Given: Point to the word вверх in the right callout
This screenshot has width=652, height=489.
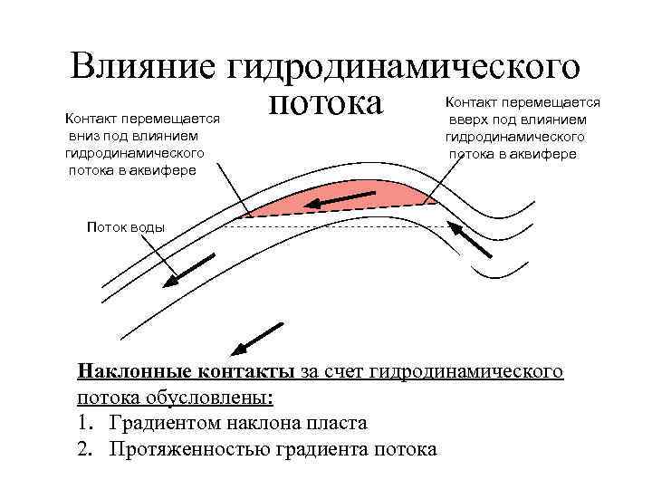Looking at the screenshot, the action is click(467, 120).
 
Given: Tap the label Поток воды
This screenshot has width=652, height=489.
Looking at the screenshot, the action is click(125, 226).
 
